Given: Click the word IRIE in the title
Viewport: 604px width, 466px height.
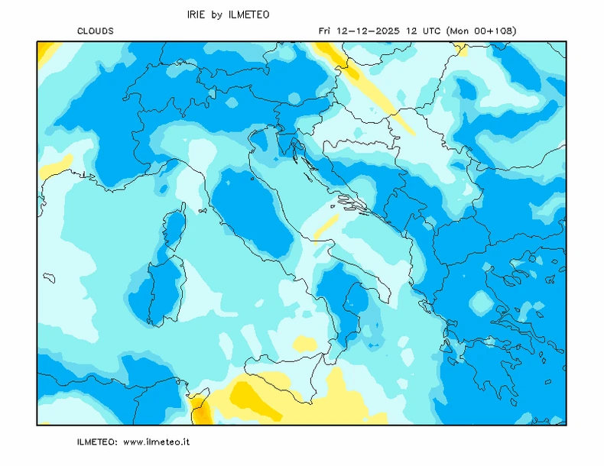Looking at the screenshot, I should [x=196, y=15].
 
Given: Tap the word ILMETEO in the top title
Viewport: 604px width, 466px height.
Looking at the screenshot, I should [x=248, y=15].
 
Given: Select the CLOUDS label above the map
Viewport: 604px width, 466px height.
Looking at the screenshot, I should [x=96, y=31].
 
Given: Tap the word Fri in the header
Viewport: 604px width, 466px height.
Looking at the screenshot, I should [x=325, y=31].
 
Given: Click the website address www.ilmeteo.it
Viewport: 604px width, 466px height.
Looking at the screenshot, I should [x=156, y=442].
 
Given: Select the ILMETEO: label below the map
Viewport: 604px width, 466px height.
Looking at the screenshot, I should [x=97, y=442].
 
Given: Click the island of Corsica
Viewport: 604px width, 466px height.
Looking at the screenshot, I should [x=174, y=229].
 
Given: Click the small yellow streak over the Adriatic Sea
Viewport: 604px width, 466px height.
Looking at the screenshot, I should [x=326, y=226].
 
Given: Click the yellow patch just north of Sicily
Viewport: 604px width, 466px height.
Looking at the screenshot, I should [x=305, y=343].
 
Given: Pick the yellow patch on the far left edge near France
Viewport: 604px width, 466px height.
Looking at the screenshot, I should [x=55, y=165].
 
